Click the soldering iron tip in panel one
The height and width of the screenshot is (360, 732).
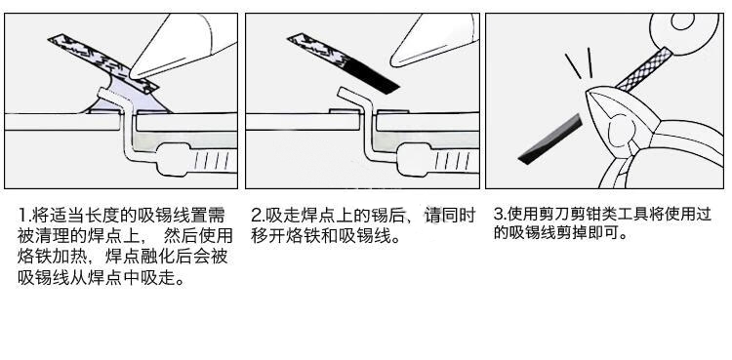pos(133,74)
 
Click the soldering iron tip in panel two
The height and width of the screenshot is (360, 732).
pos(394,60)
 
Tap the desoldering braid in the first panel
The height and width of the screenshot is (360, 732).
pos(103,62)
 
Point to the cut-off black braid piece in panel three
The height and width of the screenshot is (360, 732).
pos(550,140)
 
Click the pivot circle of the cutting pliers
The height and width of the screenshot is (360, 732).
pos(620,129)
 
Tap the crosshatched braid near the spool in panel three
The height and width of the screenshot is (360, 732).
pos(644,69)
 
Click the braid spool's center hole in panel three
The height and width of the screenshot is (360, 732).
pos(682,21)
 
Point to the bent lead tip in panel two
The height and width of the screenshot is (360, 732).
pos(341,91)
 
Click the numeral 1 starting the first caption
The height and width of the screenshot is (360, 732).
pos(21,216)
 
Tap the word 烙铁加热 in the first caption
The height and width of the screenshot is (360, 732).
pos(53,257)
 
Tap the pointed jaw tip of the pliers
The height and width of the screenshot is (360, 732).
pos(588,92)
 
